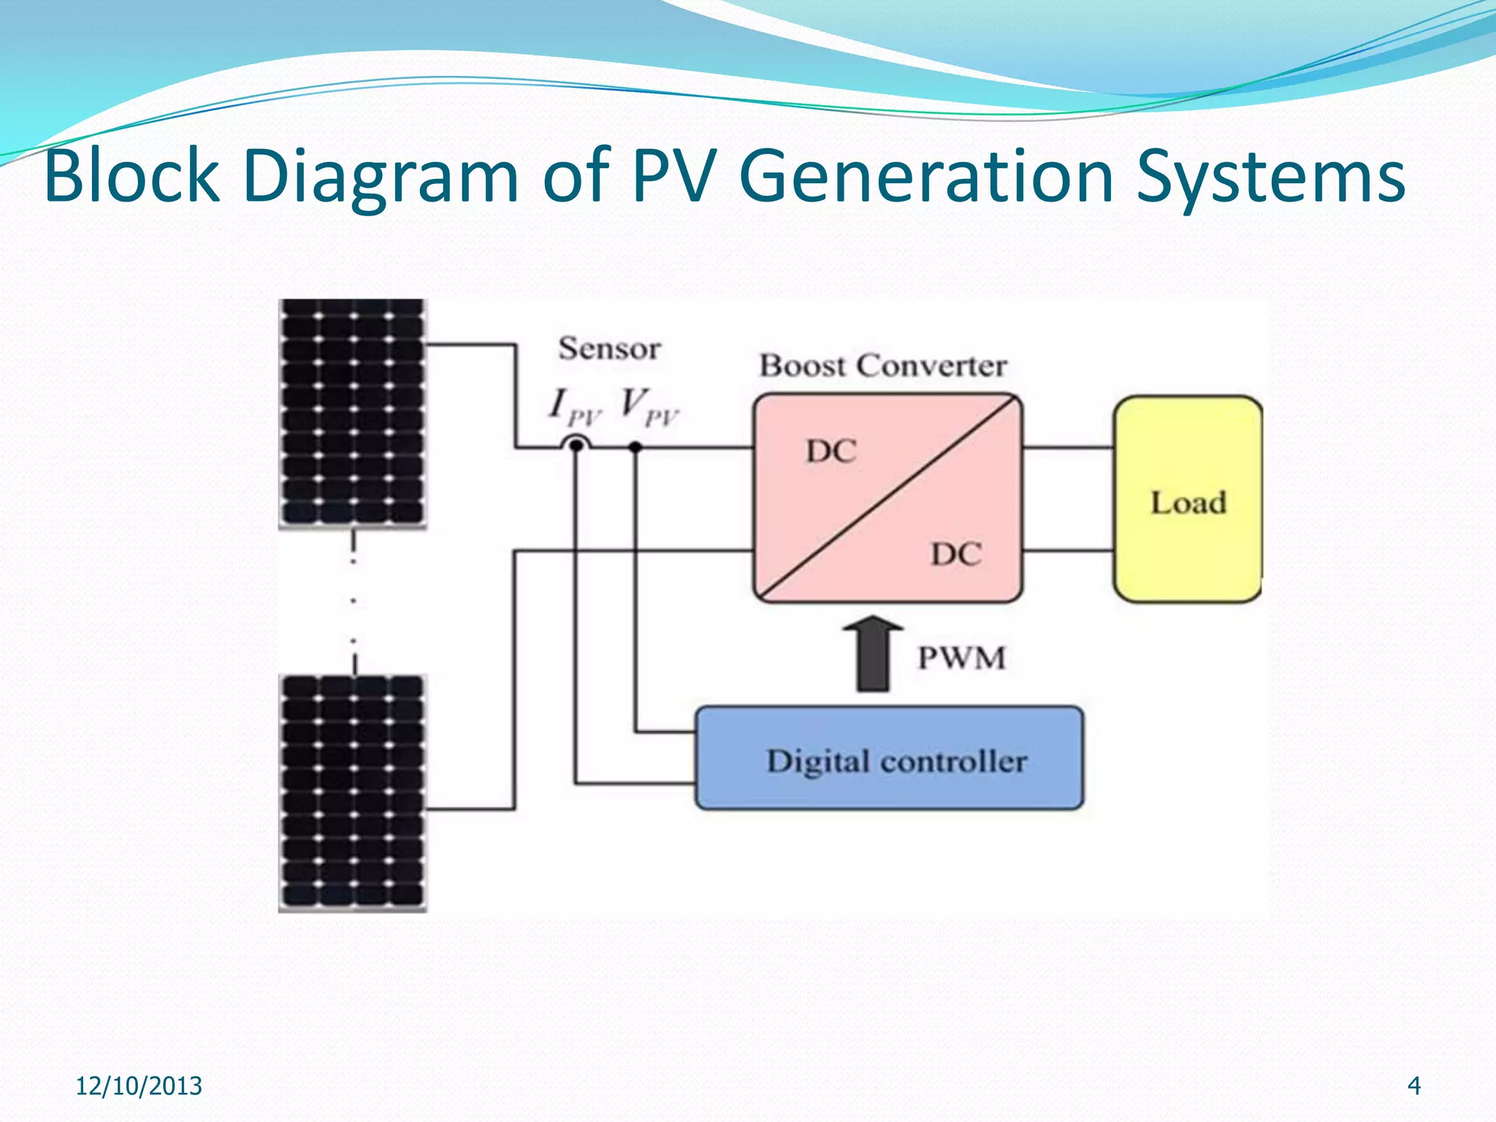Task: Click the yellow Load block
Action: (x=1188, y=500)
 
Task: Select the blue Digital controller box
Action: (x=889, y=759)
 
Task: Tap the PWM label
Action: (x=961, y=657)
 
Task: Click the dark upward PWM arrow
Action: (x=873, y=654)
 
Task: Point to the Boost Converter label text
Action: (x=883, y=365)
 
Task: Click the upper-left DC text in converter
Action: (x=831, y=451)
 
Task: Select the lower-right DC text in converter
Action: (x=955, y=554)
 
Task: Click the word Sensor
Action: (x=609, y=348)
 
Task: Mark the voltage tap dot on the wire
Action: (x=636, y=446)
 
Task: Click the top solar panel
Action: (x=353, y=413)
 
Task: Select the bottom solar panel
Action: (x=353, y=793)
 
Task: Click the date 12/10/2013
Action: (x=139, y=1085)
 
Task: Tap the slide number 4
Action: (x=1413, y=1085)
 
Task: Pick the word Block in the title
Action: (x=131, y=175)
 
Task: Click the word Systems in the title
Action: (x=1270, y=175)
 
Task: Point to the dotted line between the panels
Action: (x=354, y=601)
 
